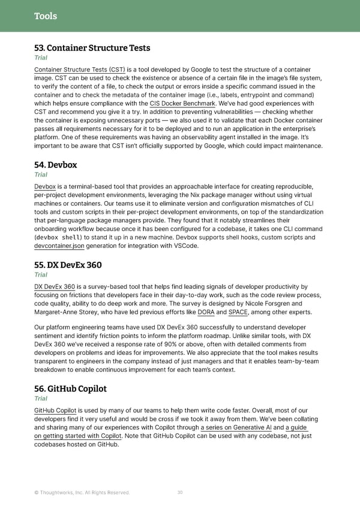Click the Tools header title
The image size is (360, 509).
click(x=46, y=16)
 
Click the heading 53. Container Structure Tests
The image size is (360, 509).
click(x=92, y=48)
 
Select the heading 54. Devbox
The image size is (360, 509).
click(x=56, y=164)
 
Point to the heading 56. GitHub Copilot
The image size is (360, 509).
click(x=71, y=388)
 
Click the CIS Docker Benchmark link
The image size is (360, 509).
click(x=182, y=103)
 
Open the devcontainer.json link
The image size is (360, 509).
click(x=59, y=245)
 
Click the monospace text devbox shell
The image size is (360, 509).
click(x=59, y=238)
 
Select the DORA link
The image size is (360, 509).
click(x=206, y=312)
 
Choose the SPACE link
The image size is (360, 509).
click(x=238, y=312)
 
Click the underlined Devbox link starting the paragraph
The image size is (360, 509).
click(x=45, y=187)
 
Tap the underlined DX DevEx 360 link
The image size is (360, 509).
click(x=55, y=286)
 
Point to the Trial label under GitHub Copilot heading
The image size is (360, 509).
click(x=41, y=399)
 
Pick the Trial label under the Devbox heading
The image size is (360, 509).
click(x=41, y=175)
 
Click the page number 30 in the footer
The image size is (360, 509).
click(x=180, y=493)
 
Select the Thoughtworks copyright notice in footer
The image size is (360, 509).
click(x=82, y=493)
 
